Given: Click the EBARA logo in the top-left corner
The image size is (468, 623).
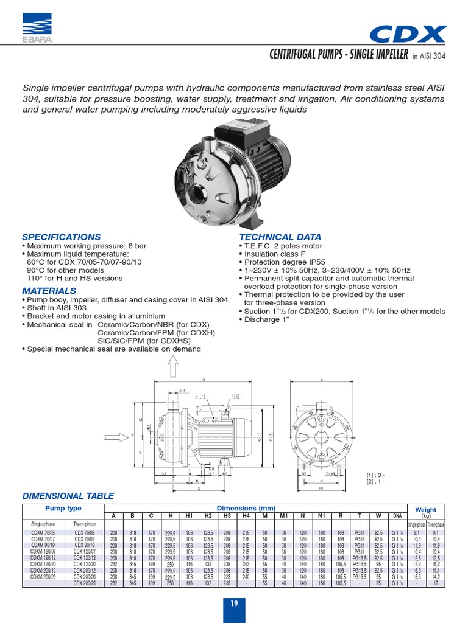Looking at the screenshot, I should (x=36, y=28).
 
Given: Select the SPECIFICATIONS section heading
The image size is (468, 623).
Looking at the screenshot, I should (x=62, y=237).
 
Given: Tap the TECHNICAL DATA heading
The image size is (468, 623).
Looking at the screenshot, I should (x=280, y=237).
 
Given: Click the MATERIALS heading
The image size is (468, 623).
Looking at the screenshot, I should (x=49, y=291).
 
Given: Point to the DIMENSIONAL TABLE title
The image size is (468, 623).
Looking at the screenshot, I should (x=68, y=496).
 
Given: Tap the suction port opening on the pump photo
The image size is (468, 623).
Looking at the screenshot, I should (x=197, y=195).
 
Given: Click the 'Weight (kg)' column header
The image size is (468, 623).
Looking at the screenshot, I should (x=425, y=512).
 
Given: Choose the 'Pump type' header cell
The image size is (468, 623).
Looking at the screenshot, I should (x=63, y=508).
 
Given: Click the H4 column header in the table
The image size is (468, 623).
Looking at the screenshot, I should (x=246, y=516).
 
